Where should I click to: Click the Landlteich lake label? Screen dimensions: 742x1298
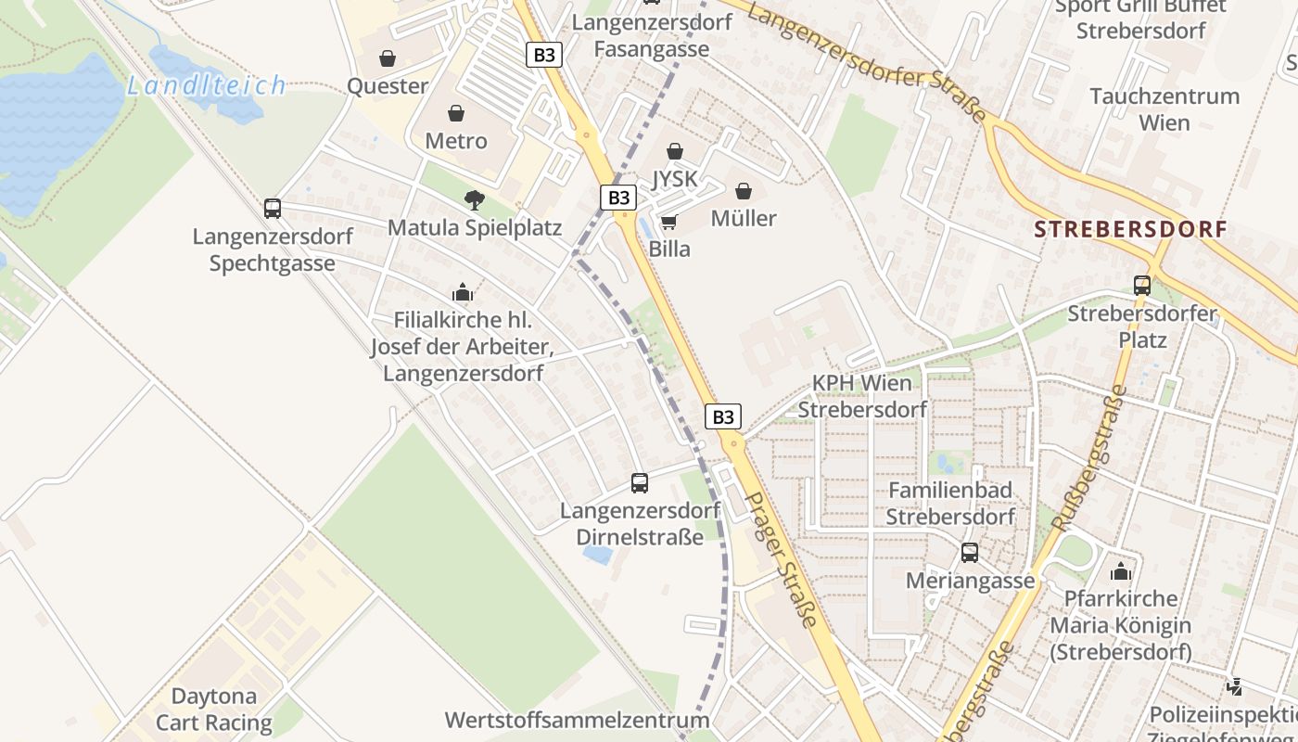(206, 86)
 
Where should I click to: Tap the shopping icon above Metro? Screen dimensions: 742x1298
(455, 113)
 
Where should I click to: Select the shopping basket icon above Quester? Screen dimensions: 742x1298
(388, 58)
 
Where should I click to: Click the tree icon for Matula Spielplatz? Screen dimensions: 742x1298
(474, 199)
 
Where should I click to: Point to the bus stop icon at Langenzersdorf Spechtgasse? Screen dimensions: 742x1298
(273, 209)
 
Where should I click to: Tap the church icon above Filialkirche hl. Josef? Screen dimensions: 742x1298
(463, 293)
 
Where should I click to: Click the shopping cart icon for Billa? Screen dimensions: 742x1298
(668, 222)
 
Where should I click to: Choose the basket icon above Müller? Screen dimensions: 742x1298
(744, 191)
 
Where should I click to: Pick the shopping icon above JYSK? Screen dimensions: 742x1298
(674, 151)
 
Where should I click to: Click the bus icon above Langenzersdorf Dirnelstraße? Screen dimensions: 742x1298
(640, 483)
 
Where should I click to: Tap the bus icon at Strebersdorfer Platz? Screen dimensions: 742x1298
(1142, 286)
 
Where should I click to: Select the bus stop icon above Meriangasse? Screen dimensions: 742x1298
(970, 554)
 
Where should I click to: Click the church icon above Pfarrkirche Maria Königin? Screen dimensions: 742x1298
(1121, 571)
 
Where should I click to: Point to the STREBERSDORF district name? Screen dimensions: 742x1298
(1130, 229)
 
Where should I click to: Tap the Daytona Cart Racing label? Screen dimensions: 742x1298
(214, 710)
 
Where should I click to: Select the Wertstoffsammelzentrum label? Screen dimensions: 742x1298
(577, 720)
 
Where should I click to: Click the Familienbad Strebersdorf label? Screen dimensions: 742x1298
(950, 503)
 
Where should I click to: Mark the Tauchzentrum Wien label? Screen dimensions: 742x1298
(1164, 109)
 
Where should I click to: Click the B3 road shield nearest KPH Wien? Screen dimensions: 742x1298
(723, 416)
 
